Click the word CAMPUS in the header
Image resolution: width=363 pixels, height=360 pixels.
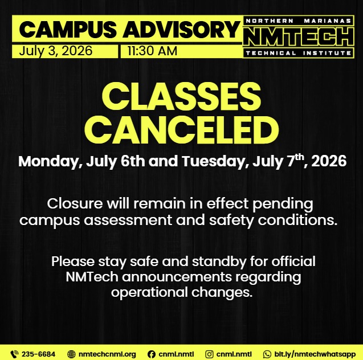pos(68,30)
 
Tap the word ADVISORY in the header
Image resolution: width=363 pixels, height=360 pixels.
pos(181,30)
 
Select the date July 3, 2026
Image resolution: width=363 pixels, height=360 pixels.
pos(56,51)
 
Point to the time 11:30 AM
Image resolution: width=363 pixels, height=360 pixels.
pos(152,51)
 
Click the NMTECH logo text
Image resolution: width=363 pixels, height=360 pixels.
pos(299,37)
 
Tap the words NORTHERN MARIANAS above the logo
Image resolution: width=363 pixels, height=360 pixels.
pos(299,21)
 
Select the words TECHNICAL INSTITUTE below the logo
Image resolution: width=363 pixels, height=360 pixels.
pos(299,53)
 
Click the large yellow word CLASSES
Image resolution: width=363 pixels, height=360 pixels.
pos(181,96)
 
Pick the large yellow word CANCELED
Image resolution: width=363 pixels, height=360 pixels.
pos(181,129)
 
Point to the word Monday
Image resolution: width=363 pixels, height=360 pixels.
pos(50,161)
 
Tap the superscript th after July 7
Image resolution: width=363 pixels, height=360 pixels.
pos(299,157)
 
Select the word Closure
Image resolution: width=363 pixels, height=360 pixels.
pos(75,203)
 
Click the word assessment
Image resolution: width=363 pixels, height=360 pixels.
pos(128,220)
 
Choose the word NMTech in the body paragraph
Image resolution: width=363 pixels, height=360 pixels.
pos(92,277)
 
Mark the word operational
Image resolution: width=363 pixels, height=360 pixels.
pos(149,293)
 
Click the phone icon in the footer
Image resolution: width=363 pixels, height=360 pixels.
pos(14,354)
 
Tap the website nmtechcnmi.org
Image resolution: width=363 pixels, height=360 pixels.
pos(107,354)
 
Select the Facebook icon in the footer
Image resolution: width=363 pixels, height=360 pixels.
pos(152,354)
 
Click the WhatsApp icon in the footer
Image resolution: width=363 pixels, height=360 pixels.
pos(267,354)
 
